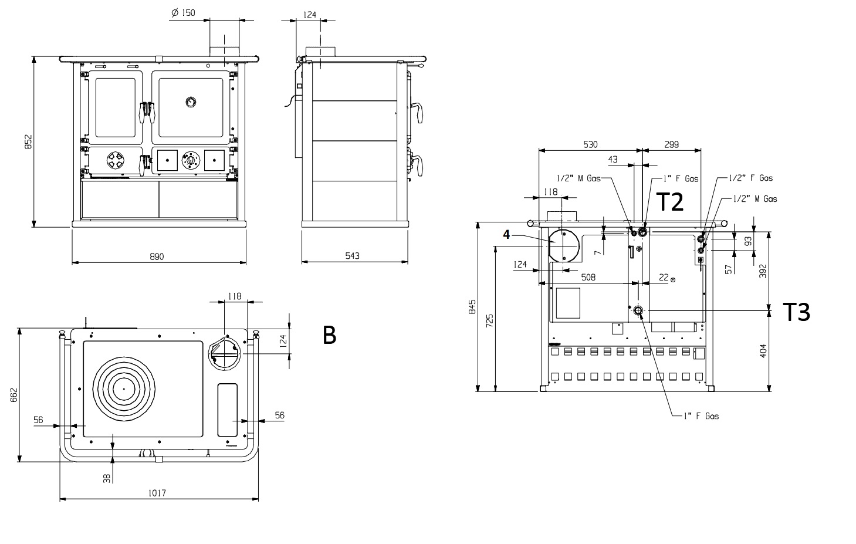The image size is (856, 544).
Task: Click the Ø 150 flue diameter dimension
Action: [184, 13]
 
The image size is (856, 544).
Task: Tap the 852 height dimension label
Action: [28, 141]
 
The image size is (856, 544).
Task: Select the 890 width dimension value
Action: [157, 256]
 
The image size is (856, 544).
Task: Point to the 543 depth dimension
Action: [353, 256]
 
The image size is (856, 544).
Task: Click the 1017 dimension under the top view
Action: [157, 493]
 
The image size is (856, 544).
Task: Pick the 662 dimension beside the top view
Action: [13, 395]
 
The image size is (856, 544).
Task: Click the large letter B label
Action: [329, 335]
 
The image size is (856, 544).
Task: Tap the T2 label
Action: [670, 202]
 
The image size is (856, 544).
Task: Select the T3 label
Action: [797, 312]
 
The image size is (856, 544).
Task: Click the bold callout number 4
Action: [506, 234]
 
